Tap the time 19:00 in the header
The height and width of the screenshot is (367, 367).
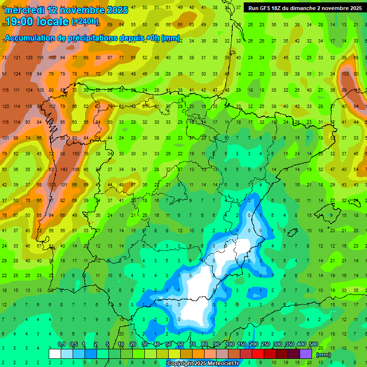[22, 22]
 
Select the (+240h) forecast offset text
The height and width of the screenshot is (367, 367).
[85, 22]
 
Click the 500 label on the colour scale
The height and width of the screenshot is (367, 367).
[313, 345]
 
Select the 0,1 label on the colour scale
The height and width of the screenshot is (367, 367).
[61, 345]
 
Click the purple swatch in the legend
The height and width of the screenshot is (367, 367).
[306, 354]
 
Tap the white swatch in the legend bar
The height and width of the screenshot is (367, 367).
[55, 354]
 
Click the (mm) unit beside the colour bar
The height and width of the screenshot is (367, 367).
[324, 355]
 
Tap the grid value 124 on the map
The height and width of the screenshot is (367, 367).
[17, 74]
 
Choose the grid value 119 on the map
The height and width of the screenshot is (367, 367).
[28, 106]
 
